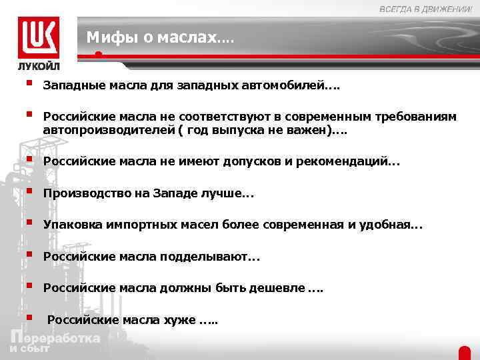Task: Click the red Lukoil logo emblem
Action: coord(39,37)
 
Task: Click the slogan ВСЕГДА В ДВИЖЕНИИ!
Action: coord(425,8)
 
